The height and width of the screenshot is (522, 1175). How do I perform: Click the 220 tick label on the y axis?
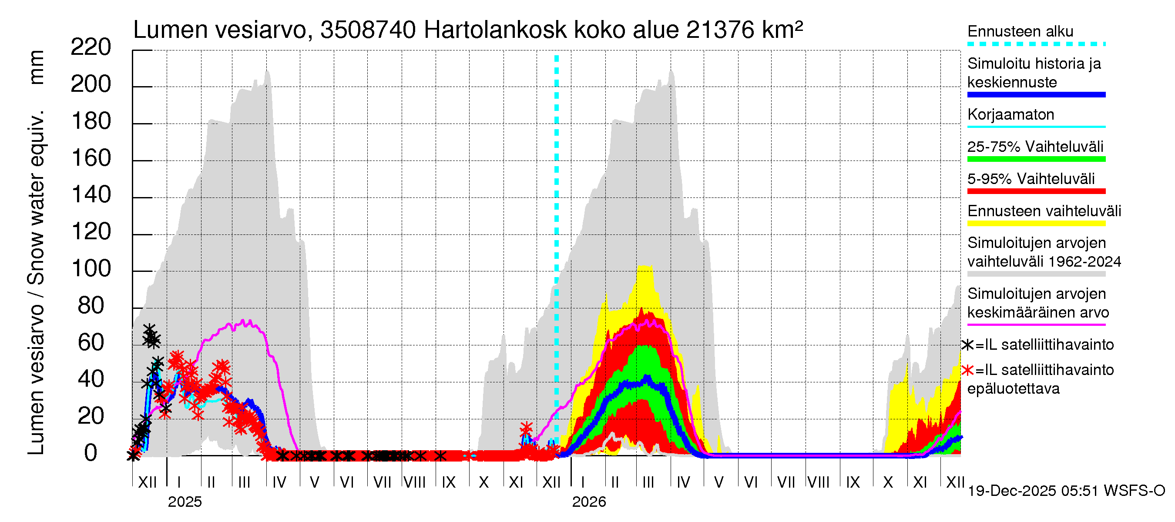click(x=91, y=47)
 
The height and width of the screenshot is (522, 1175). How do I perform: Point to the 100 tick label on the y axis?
click(x=91, y=268)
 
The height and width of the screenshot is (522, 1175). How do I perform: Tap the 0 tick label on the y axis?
click(x=91, y=453)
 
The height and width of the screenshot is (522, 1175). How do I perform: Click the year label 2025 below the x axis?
click(x=184, y=502)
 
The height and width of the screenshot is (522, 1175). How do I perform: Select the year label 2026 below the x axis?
click(x=589, y=502)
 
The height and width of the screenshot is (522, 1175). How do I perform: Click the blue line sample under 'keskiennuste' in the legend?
click(x=1036, y=95)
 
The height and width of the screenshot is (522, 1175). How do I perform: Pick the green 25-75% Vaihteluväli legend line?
click(x=1036, y=159)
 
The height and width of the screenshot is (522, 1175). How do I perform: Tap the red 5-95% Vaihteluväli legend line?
click(x=1036, y=191)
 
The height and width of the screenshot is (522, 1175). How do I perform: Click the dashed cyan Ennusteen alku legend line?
click(x=1036, y=44)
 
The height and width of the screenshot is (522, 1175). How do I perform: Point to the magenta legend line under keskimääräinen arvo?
click(x=1036, y=325)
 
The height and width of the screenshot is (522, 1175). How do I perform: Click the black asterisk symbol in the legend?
click(x=967, y=345)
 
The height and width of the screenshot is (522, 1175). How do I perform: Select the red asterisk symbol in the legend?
click(x=967, y=370)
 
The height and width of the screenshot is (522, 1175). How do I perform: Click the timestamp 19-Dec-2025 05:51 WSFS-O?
click(x=1066, y=491)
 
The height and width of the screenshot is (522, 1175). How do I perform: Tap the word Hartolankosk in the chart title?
click(x=495, y=30)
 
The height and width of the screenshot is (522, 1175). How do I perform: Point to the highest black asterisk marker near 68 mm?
click(x=149, y=329)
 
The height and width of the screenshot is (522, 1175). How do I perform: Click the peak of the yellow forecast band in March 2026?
click(x=645, y=266)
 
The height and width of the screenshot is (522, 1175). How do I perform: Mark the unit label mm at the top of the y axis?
click(x=37, y=67)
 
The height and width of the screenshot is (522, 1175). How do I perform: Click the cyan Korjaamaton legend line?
click(x=1036, y=127)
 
